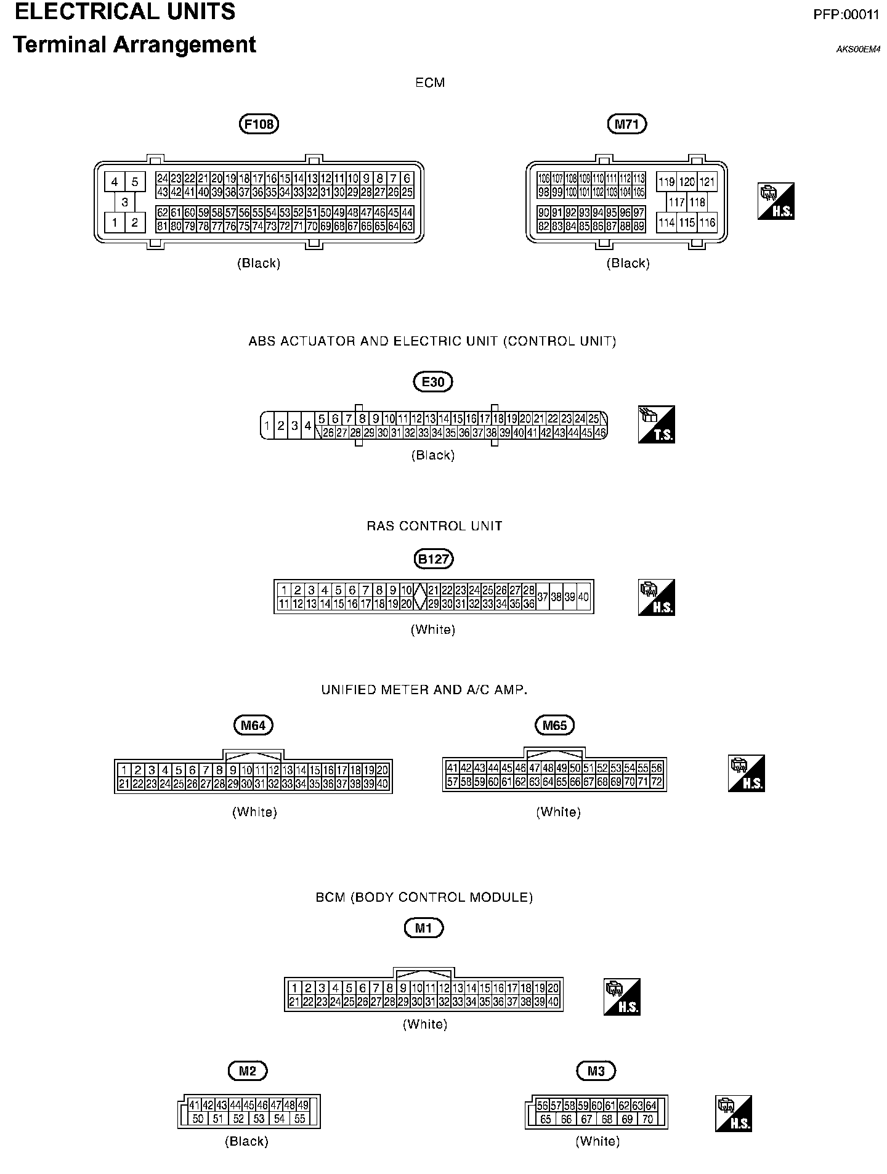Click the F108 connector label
[259, 124]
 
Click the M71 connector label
[626, 124]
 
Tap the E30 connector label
[433, 382]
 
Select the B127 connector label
[433, 559]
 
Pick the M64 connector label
[253, 725]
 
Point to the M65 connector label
[554, 725]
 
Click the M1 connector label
[424, 928]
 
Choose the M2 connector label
[247, 1071]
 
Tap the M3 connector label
[596, 1071]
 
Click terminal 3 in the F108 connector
[124, 201]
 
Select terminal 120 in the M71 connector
[687, 182]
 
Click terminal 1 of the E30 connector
[267, 425]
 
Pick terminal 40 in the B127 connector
[583, 597]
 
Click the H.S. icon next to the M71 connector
[776, 201]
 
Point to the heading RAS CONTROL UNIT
[434, 526]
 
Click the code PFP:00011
[846, 15]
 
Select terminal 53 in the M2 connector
[259, 1119]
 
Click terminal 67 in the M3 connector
[586, 1119]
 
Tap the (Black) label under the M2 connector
[246, 1141]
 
